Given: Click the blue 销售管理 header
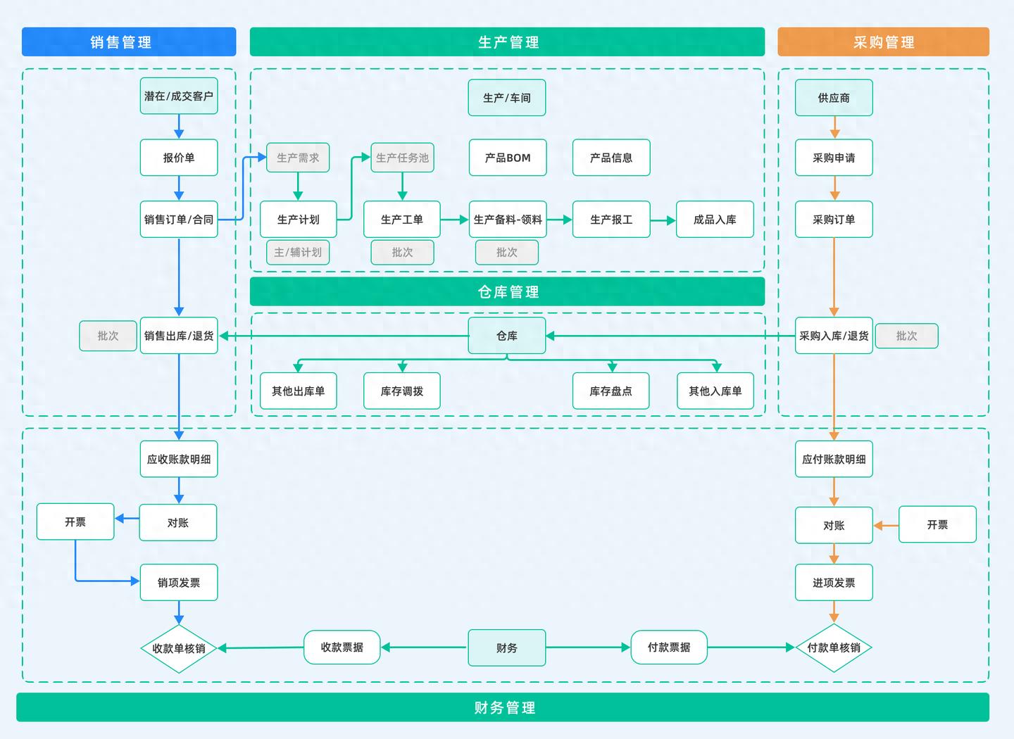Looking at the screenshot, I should pos(129,42).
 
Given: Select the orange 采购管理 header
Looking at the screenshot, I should pos(883,42).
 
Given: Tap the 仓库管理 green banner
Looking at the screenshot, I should pos(507,291).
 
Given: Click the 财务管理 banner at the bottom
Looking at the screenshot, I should pos(503,707).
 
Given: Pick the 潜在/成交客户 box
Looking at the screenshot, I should pos(179,96).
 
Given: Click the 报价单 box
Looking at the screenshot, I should pos(179,158).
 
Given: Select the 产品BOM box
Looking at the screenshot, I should pos(507,158).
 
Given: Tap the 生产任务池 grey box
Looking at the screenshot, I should pos(402,158).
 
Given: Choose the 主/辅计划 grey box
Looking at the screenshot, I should pos(298,252).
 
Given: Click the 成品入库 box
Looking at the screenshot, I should pos(715,220).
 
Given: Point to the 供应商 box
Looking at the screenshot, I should pos(834,98).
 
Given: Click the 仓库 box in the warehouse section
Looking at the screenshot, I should pos(507,336).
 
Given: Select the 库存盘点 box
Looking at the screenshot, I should pos(611,391).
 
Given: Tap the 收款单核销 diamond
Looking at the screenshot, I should pos(179,648).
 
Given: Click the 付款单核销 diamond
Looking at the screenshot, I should pos(834,648).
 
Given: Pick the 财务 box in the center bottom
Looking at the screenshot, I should pos(507,648).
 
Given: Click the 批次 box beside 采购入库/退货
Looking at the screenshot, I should pos(906,336).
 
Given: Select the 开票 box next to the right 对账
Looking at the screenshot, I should pos(937,524).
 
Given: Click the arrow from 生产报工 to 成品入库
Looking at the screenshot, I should pos(663,220).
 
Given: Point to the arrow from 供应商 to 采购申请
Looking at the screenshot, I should pos(834,127).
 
